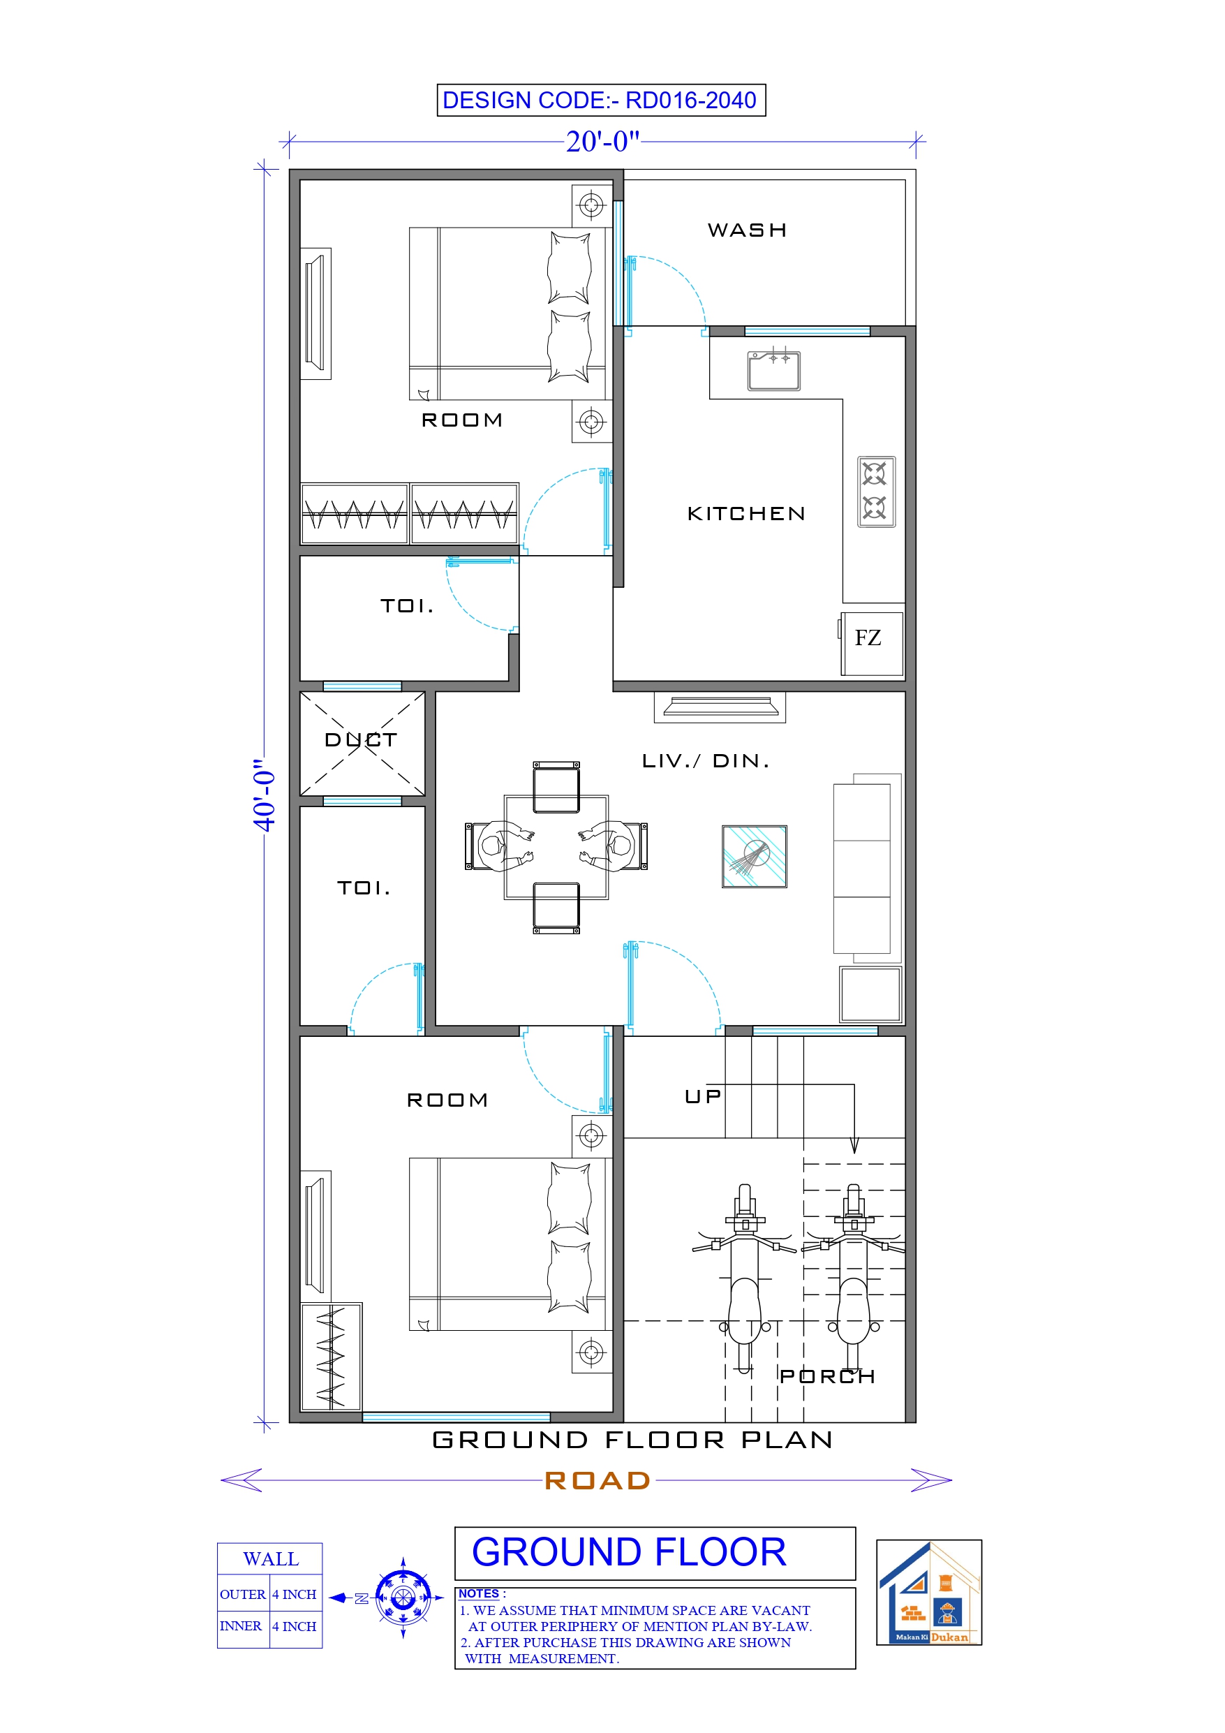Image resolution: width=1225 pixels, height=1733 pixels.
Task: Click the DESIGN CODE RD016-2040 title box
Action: [x=601, y=101]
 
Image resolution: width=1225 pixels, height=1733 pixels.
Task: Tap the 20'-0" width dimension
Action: [x=602, y=142]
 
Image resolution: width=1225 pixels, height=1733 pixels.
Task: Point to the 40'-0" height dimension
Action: [x=264, y=795]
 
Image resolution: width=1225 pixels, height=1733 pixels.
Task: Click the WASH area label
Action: [x=748, y=230]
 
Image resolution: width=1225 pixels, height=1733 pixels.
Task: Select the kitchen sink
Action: [x=773, y=371]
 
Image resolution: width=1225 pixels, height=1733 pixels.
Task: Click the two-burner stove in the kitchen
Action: [x=875, y=492]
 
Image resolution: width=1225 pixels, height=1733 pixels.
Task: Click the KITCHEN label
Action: [x=745, y=514]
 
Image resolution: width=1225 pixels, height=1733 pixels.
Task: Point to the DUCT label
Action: [x=361, y=739]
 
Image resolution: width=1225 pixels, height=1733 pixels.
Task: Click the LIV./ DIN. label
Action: [x=706, y=761]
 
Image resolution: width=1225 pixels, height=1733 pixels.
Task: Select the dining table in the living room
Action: [x=556, y=847]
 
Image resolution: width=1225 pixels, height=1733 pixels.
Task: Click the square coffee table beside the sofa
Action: [x=754, y=856]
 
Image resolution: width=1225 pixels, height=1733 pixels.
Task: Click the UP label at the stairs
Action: [x=703, y=1097]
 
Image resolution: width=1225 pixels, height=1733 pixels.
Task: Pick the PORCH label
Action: [x=827, y=1377]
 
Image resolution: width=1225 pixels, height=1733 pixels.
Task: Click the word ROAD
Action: [x=597, y=1480]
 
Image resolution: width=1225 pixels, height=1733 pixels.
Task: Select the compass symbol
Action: [x=403, y=1598]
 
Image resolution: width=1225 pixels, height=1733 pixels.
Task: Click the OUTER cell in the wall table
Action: [x=242, y=1594]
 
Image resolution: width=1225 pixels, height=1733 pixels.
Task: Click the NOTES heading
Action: [x=479, y=1593]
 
